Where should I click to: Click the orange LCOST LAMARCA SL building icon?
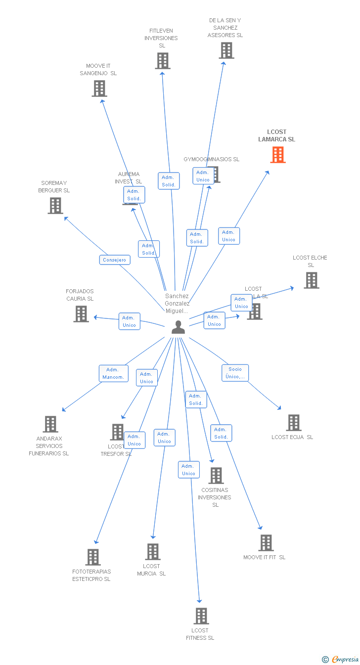click(278, 155)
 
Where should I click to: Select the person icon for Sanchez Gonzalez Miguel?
click(178, 327)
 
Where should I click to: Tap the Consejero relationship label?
click(115, 260)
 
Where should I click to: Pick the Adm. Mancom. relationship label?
click(113, 374)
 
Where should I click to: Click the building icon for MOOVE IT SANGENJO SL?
click(99, 89)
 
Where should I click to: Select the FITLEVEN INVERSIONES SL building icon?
click(162, 61)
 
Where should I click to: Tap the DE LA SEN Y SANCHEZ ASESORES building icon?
click(226, 50)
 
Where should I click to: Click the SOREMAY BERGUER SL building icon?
click(55, 206)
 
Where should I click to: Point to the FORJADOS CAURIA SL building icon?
click(81, 314)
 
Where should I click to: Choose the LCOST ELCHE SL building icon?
click(311, 280)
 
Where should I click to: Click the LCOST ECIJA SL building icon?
click(293, 423)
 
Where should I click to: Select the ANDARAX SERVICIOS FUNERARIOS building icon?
click(50, 424)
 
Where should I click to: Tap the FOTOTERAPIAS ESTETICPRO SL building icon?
click(92, 557)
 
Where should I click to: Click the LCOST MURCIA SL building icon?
click(152, 552)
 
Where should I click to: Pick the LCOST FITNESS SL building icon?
click(201, 616)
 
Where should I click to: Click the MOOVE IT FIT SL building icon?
click(266, 543)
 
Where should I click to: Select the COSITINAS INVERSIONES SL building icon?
click(216, 476)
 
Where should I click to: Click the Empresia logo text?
click(345, 659)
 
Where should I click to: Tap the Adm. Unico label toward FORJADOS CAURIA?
click(130, 321)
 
